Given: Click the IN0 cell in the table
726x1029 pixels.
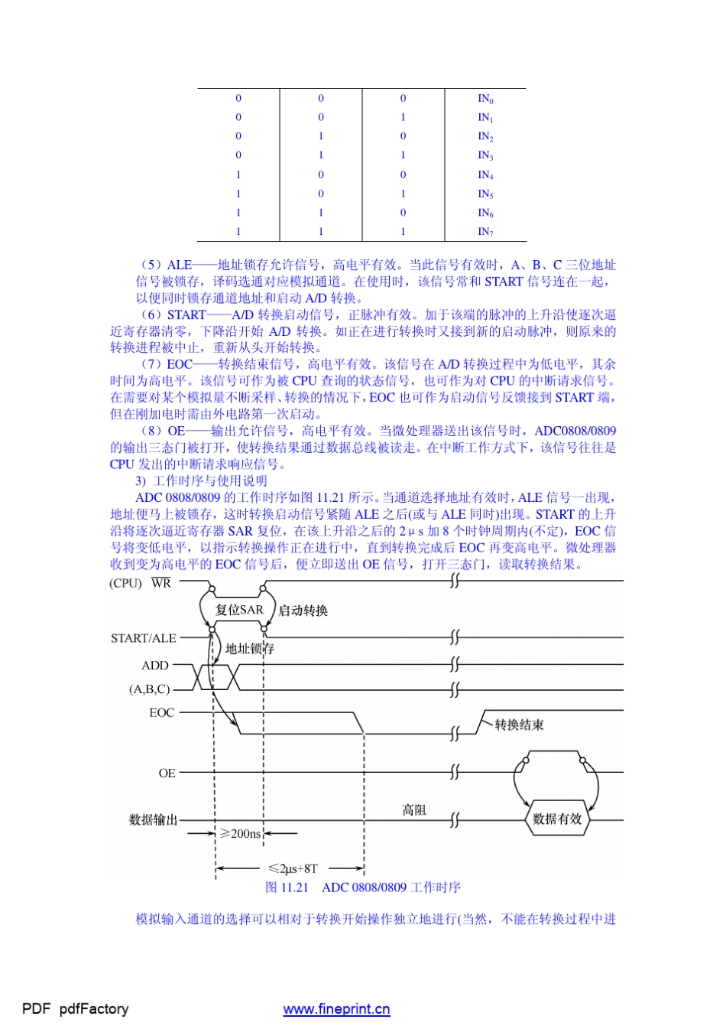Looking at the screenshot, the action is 485,99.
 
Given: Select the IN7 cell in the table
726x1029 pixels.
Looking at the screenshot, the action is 485,231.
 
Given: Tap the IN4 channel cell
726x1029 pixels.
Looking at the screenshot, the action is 485,174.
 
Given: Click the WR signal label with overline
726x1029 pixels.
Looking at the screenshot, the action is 161,583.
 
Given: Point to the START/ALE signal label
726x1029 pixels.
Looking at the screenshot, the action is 144,638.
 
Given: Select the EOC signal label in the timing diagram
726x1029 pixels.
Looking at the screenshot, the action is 162,712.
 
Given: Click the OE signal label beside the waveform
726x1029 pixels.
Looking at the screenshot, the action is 167,773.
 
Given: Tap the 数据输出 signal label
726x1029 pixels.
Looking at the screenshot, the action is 154,819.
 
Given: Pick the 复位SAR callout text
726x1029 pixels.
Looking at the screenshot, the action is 239,610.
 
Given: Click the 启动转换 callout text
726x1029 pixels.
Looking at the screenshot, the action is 303,611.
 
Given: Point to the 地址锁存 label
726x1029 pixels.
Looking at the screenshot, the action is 250,649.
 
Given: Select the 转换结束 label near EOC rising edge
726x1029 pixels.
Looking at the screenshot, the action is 519,725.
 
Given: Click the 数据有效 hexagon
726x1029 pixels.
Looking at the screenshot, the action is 557,819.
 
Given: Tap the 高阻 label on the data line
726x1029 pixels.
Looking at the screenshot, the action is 414,809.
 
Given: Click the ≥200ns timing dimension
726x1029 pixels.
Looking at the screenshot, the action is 241,833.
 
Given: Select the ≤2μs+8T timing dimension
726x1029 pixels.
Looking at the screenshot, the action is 293,868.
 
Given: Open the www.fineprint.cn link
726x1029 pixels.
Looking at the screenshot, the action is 336,1009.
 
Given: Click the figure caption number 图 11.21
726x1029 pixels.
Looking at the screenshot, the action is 287,887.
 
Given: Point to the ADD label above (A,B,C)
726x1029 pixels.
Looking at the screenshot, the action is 155,666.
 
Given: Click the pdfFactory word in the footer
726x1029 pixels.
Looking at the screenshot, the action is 93,1009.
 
